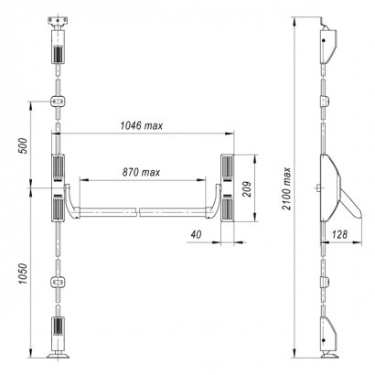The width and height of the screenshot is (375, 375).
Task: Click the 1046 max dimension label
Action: tap(142, 125)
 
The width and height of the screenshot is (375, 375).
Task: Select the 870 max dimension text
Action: tap(141, 172)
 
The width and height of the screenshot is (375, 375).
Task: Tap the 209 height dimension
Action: tap(247, 189)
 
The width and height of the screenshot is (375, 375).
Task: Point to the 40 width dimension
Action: tap(196, 234)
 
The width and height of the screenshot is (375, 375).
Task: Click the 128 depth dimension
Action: tap(339, 234)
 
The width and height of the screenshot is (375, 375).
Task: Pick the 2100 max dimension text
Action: tap(286, 188)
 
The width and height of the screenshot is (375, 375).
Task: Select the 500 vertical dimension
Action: tap(23, 145)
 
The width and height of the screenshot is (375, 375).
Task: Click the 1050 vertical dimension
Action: tap(23, 273)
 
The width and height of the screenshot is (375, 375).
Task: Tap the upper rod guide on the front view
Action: tap(58, 102)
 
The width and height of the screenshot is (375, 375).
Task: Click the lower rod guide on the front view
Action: tap(58, 282)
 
